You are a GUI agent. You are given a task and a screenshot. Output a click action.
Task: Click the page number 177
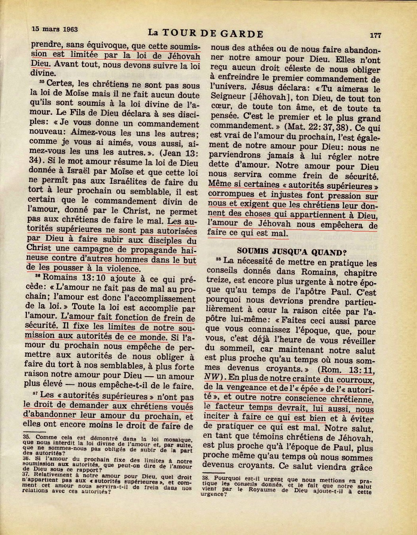coord(375,35)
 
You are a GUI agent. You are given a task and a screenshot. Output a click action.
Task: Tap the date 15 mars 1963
coord(55,29)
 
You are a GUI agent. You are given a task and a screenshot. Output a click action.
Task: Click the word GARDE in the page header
coord(240,33)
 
